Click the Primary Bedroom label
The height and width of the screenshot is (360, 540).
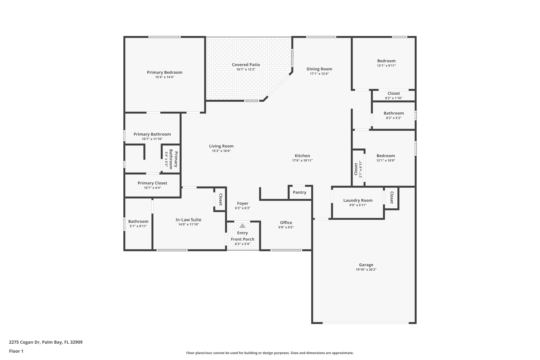tap(165, 73)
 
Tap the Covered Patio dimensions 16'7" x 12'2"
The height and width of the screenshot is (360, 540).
tap(246, 70)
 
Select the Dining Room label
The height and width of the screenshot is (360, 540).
tap(319, 69)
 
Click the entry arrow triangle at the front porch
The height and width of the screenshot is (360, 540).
tap(242, 226)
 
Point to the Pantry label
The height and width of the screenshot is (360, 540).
tap(300, 193)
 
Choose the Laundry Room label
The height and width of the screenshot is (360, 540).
tap(358, 200)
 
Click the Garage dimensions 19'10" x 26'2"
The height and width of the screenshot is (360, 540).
tap(366, 270)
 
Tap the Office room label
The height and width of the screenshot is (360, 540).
tap(286, 223)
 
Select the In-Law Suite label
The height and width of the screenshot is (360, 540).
tap(188, 220)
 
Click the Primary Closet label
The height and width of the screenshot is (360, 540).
tap(152, 183)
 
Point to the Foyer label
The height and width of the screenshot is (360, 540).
tap(242, 203)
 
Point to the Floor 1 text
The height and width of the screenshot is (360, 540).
tap(16, 351)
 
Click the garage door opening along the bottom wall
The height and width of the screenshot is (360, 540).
tap(365, 323)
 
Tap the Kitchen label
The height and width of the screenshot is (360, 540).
tap(302, 156)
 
